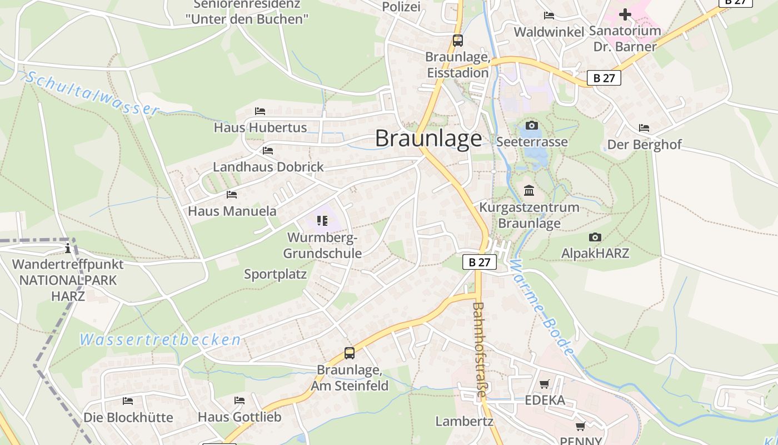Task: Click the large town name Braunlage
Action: click(x=428, y=139)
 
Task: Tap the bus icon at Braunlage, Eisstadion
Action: click(x=458, y=41)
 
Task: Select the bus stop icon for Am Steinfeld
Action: click(x=350, y=353)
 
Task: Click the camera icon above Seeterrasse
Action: click(x=532, y=126)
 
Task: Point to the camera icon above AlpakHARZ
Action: click(x=595, y=238)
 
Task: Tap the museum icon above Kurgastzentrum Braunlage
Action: click(x=529, y=191)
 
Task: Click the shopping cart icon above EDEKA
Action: click(x=545, y=384)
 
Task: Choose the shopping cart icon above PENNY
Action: click(x=581, y=427)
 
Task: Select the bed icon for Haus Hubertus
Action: click(x=260, y=111)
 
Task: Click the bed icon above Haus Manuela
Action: click(x=232, y=195)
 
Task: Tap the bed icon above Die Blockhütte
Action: click(x=128, y=401)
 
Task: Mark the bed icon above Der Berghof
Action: click(x=644, y=128)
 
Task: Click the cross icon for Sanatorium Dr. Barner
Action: click(x=625, y=14)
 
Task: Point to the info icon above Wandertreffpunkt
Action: click(x=68, y=248)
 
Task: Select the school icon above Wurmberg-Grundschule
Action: click(x=322, y=221)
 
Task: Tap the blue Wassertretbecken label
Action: click(x=160, y=340)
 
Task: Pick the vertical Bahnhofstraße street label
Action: click(x=480, y=349)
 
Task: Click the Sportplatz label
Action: click(x=276, y=274)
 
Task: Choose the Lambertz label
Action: click(x=465, y=421)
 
